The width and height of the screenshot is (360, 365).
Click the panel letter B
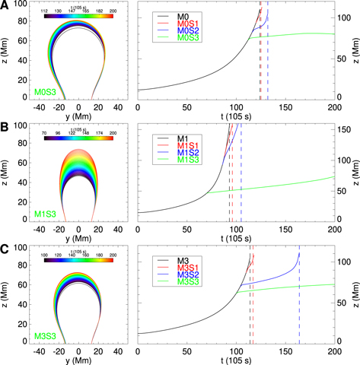5,127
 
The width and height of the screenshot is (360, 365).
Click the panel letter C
5,247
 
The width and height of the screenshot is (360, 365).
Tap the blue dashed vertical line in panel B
241,182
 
